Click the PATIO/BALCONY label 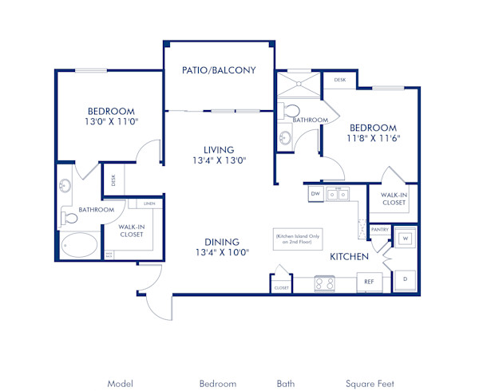[219, 70]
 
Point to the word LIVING [218, 149]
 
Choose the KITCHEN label [350, 257]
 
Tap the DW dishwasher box [315, 194]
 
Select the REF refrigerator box [370, 282]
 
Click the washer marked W [405, 238]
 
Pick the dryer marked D [405, 279]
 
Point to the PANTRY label [380, 230]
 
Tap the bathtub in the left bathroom [80, 245]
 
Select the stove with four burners [325, 282]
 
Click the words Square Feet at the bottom [370, 384]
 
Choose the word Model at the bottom [120, 384]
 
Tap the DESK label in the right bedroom [339, 81]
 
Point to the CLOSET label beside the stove [281, 287]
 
